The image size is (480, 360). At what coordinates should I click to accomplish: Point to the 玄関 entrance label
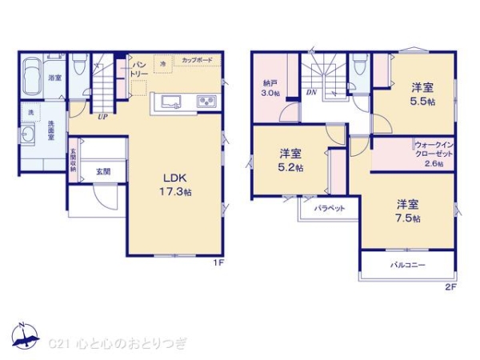(x=104, y=171)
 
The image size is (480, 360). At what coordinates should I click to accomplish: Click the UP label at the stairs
(x=102, y=117)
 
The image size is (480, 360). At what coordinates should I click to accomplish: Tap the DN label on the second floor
(x=311, y=92)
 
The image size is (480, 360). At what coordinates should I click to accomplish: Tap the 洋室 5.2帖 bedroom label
(x=290, y=161)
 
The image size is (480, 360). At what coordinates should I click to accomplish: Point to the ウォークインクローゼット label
(x=433, y=154)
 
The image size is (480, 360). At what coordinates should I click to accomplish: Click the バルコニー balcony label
(x=407, y=265)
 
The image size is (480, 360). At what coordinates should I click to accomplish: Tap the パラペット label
(x=329, y=207)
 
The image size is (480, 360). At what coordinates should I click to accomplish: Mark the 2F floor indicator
(x=450, y=286)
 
